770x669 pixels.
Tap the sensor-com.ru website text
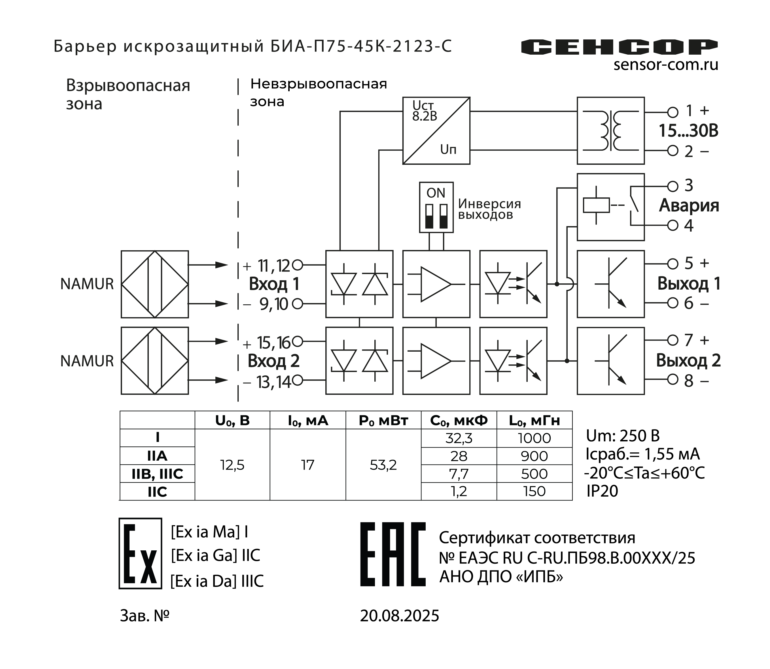tap(666, 65)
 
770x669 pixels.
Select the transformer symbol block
tap(610, 131)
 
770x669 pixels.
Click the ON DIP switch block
tap(436, 207)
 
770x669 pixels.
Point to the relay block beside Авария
tap(610, 207)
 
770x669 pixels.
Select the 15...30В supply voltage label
tap(688, 131)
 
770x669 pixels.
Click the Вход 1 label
tap(274, 284)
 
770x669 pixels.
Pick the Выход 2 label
tap(688, 361)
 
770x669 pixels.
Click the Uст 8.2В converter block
tap(436, 131)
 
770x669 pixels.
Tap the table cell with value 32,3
tap(459, 438)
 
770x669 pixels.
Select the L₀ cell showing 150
tap(534, 491)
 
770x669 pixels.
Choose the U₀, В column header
tap(232, 421)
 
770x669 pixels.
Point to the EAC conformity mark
tap(393, 554)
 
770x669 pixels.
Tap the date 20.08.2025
tap(399, 615)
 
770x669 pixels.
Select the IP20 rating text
tap(602, 491)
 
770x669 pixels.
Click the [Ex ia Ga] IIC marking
tap(215, 555)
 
